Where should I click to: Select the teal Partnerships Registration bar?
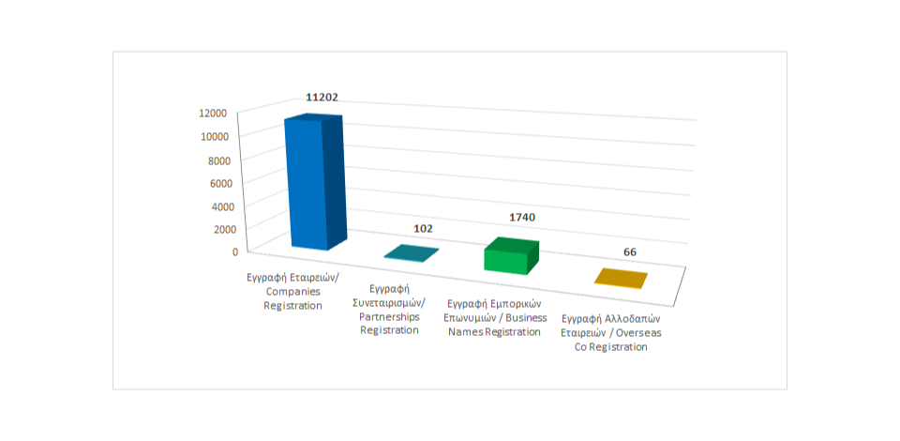[411, 253]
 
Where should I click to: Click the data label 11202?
[322, 97]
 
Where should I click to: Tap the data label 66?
[631, 252]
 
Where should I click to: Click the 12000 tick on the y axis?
[213, 114]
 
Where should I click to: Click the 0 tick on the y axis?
[235, 251]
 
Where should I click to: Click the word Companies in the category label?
[293, 292]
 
